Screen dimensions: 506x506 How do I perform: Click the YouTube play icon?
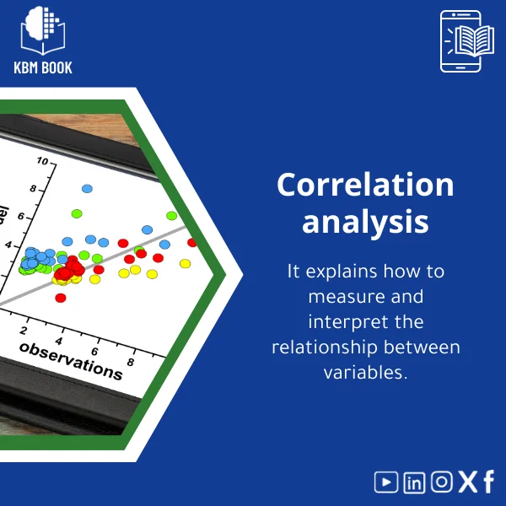tap(386, 482)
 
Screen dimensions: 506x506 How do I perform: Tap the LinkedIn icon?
tap(414, 482)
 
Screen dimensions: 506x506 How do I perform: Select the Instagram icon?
tap(441, 482)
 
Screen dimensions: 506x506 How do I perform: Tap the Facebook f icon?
tap(488, 482)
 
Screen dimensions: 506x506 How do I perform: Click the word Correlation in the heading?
tap(365, 186)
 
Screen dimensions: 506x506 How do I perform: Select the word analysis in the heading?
tap(365, 222)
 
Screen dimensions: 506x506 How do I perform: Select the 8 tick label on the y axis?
tap(33, 189)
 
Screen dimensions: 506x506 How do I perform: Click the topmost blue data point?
tap(87, 188)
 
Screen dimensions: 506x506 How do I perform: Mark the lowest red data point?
tap(60, 298)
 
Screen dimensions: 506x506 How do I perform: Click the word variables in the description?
tap(365, 372)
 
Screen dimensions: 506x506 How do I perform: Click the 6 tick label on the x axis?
tap(95, 351)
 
